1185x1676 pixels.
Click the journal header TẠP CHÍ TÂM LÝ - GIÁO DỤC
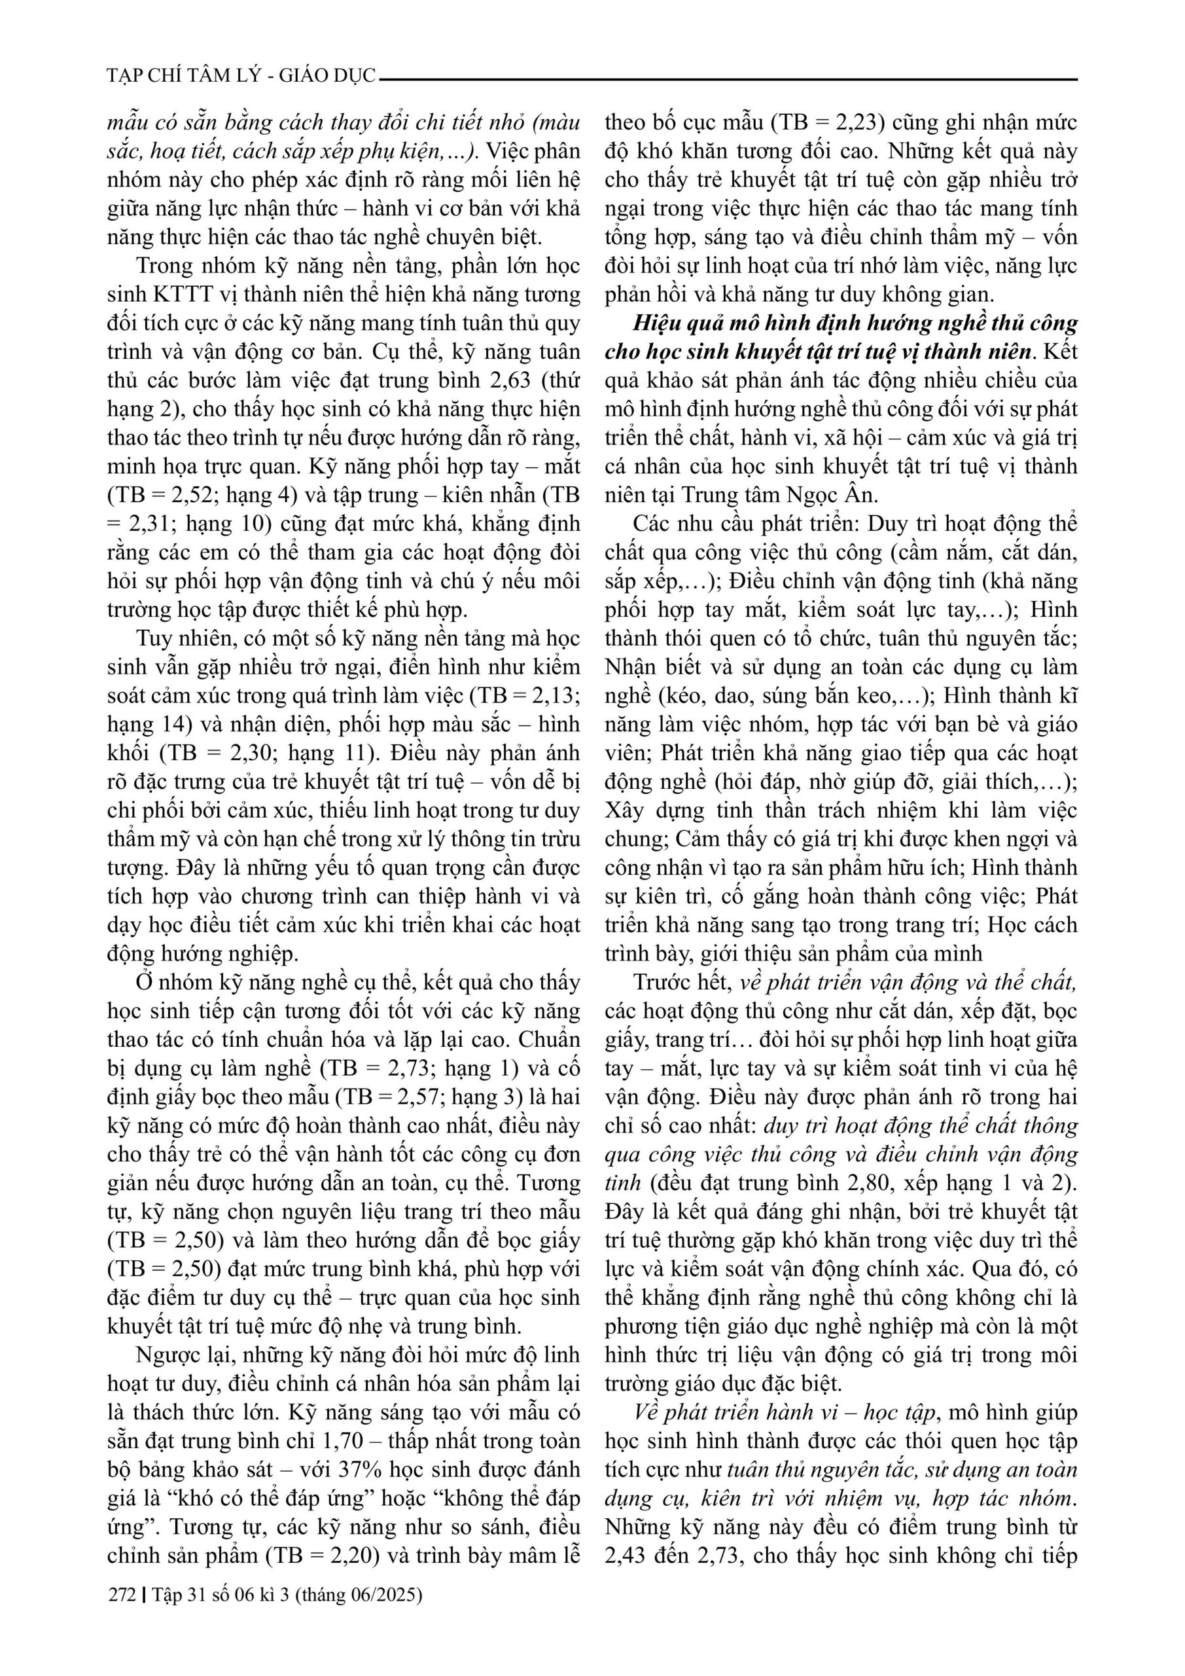tap(241, 76)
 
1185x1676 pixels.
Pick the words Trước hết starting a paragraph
tap(682, 982)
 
